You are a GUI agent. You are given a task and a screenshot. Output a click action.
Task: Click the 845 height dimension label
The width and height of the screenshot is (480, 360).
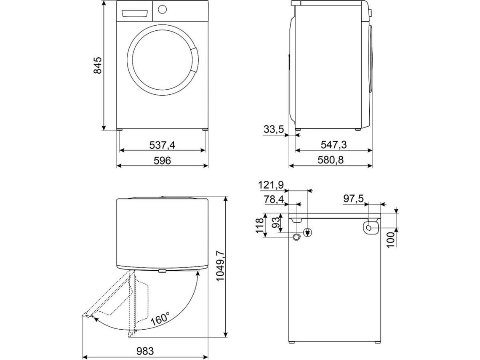pos(97,65)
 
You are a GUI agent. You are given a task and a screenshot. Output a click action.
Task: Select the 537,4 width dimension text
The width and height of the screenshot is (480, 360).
pos(162,145)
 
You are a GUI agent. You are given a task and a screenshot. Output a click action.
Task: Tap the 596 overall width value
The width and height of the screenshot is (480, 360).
pos(162,161)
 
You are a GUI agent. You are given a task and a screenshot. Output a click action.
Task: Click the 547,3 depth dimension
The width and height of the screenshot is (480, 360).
pos(333,145)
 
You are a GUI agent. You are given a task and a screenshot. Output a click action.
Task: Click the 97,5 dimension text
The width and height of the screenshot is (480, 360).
pos(354,198)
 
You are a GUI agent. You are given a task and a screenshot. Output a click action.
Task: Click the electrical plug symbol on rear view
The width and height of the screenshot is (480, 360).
pos(308,232)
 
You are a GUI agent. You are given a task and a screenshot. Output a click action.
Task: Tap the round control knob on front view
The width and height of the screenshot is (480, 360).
pos(163,9)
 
